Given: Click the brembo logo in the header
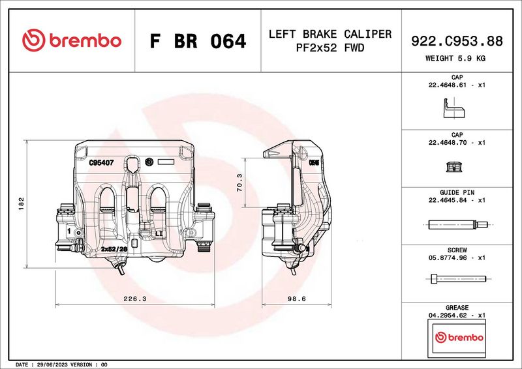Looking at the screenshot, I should click(x=72, y=40).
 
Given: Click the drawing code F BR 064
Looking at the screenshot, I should click(x=198, y=42).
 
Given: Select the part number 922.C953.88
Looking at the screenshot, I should click(x=457, y=41).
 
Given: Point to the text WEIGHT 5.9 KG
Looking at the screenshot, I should click(x=457, y=59).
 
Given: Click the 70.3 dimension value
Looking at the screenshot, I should click(x=239, y=182).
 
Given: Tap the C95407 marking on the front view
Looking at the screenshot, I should click(x=101, y=164).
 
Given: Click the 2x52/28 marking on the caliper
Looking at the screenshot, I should click(x=114, y=248).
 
